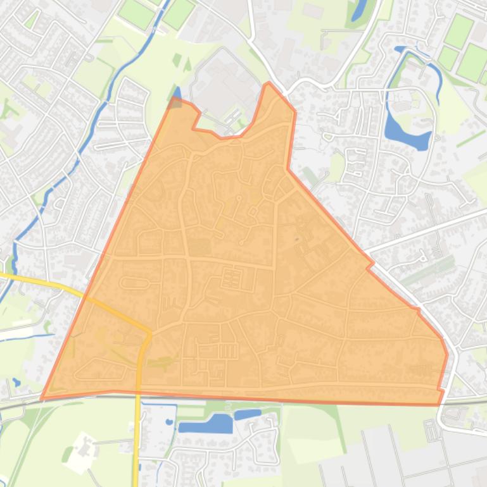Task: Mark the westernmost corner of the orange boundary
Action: pyautogui.click(x=42, y=398)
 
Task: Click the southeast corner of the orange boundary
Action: pyautogui.click(x=440, y=404)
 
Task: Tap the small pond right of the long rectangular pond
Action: pyautogui.click(x=248, y=415)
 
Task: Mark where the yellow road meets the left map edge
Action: pyautogui.click(x=1, y=276)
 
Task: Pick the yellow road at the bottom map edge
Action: pyautogui.click(x=137, y=484)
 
